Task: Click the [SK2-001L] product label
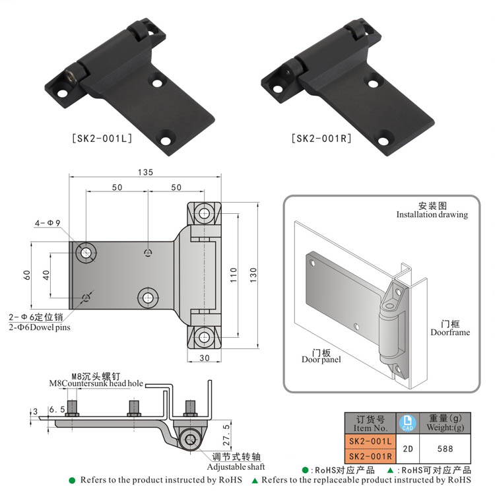(x=102, y=139)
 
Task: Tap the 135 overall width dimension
(x=145, y=172)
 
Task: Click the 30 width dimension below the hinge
(x=203, y=358)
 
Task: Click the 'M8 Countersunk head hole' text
(x=96, y=383)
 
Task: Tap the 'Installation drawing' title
(x=432, y=214)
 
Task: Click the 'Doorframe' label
(x=450, y=333)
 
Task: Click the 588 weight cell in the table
(x=445, y=448)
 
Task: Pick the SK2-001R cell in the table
(x=370, y=455)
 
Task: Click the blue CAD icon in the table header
(x=407, y=423)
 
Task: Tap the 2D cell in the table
(x=407, y=448)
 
